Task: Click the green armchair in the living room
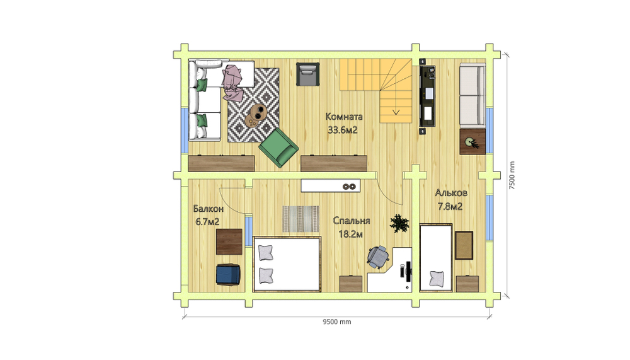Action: point(278,148)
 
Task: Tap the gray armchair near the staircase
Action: point(308,74)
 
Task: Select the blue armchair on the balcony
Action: point(228,274)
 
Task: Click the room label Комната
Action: point(344,117)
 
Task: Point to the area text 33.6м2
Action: point(343,130)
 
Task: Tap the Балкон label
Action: point(208,209)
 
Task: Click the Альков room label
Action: point(451,193)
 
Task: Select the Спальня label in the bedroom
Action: point(352,221)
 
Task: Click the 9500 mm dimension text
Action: point(337,322)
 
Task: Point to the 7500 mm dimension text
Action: point(512,175)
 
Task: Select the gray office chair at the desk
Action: point(378,257)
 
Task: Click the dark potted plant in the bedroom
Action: point(399,223)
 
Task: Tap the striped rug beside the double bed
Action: point(301,219)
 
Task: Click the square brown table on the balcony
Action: point(229,241)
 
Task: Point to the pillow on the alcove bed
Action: point(437,278)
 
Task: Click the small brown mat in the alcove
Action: point(464,245)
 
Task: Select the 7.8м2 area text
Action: point(450,207)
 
